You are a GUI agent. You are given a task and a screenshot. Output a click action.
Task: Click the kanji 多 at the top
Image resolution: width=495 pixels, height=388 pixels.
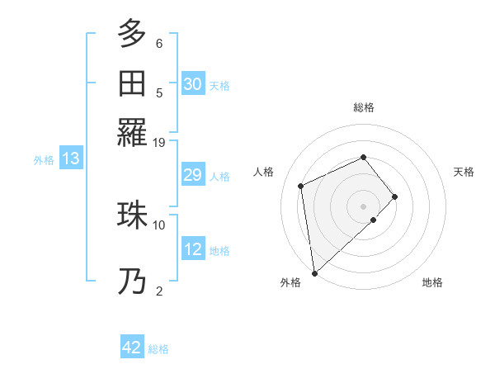tap(131, 34)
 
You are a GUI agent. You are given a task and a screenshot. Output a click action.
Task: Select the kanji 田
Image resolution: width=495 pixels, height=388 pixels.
tap(131, 83)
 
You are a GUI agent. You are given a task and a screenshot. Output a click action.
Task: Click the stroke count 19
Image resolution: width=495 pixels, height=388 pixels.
tap(159, 142)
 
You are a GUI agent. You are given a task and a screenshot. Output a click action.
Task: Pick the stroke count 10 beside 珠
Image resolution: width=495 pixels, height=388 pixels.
tap(159, 224)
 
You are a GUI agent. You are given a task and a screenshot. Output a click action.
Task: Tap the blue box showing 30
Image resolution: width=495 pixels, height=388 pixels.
tap(193, 83)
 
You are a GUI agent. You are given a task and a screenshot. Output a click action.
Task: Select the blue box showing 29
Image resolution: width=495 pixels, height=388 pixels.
tap(193, 175)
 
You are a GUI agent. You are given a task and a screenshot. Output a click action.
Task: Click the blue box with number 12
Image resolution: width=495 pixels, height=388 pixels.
tap(193, 249)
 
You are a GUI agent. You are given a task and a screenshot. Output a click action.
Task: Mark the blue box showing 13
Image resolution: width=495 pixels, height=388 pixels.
tap(70, 159)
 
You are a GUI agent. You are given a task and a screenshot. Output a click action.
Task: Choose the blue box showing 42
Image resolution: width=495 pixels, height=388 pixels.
tap(132, 348)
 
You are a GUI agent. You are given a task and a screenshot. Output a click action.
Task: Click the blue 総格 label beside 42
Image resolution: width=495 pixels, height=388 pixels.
tap(158, 349)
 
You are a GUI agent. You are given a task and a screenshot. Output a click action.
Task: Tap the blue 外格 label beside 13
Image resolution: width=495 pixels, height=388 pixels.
tap(44, 160)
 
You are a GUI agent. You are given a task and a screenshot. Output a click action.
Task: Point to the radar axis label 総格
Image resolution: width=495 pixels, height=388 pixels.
tap(364, 107)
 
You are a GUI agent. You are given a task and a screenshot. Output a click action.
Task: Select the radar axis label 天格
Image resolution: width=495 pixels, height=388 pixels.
tap(464, 172)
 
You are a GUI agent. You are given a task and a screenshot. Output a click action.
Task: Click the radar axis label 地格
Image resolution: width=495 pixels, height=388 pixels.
tap(432, 282)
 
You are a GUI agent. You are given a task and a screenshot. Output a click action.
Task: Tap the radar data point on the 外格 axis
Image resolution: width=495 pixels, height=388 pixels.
tap(314, 273)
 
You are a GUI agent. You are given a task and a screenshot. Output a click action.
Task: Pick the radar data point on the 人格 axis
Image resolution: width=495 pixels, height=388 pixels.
tap(301, 185)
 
